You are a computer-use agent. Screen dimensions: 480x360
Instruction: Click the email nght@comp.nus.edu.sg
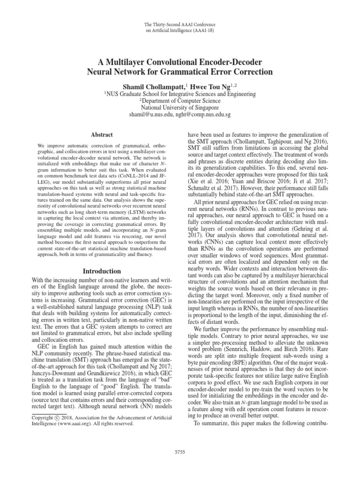[x=204, y=114]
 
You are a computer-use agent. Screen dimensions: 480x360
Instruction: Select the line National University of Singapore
[x=180, y=107]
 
